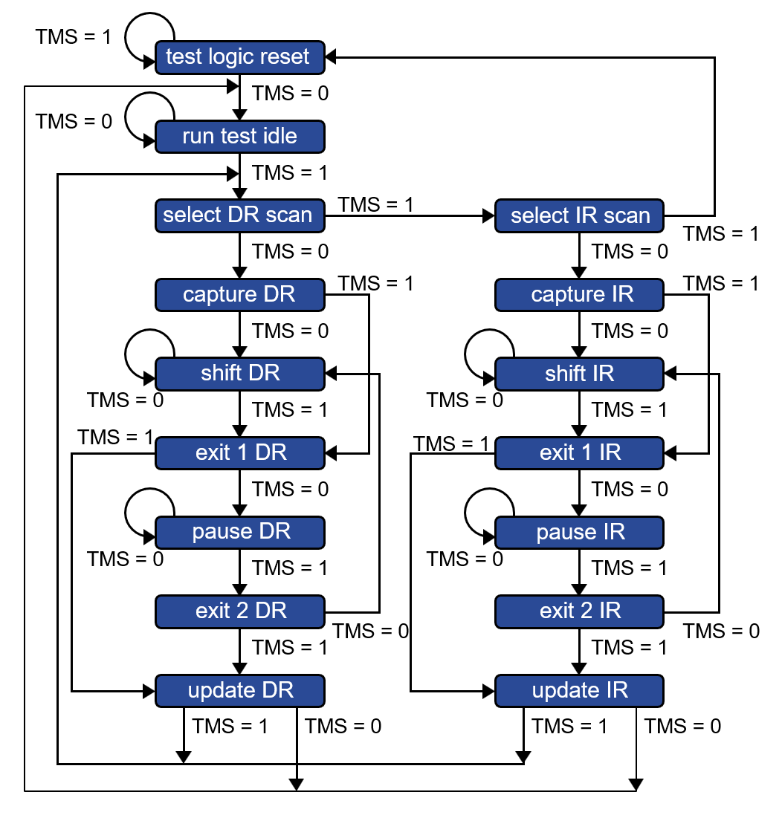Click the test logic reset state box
(239, 57)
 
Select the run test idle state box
(239, 137)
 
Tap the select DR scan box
(239, 215)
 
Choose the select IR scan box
(579, 215)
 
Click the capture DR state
(239, 295)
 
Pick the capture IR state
(579, 295)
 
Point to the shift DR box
(239, 374)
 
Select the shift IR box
(579, 374)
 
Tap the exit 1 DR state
(239, 453)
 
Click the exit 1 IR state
(579, 453)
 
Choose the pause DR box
(239, 533)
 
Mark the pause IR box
(579, 533)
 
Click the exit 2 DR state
(239, 611)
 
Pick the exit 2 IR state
(579, 611)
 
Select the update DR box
(239, 691)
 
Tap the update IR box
(579, 691)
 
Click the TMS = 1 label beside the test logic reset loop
(74, 37)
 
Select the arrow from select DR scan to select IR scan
(410, 215)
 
